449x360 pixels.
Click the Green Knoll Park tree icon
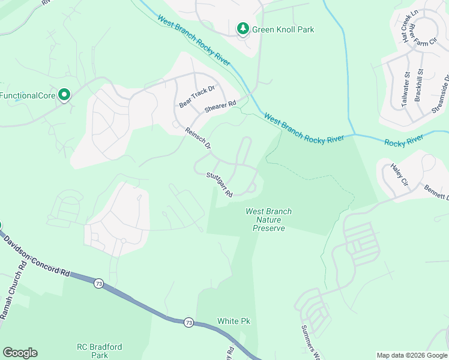[243, 28]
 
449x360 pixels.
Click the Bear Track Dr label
[196, 97]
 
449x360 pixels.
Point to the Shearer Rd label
[220, 105]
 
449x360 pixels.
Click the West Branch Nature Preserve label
[268, 220]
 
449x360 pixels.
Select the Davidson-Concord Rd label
[37, 256]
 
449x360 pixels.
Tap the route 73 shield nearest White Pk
[188, 322]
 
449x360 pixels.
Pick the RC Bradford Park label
[99, 350]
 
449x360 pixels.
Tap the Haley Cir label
[399, 175]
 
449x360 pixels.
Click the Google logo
[20, 353]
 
